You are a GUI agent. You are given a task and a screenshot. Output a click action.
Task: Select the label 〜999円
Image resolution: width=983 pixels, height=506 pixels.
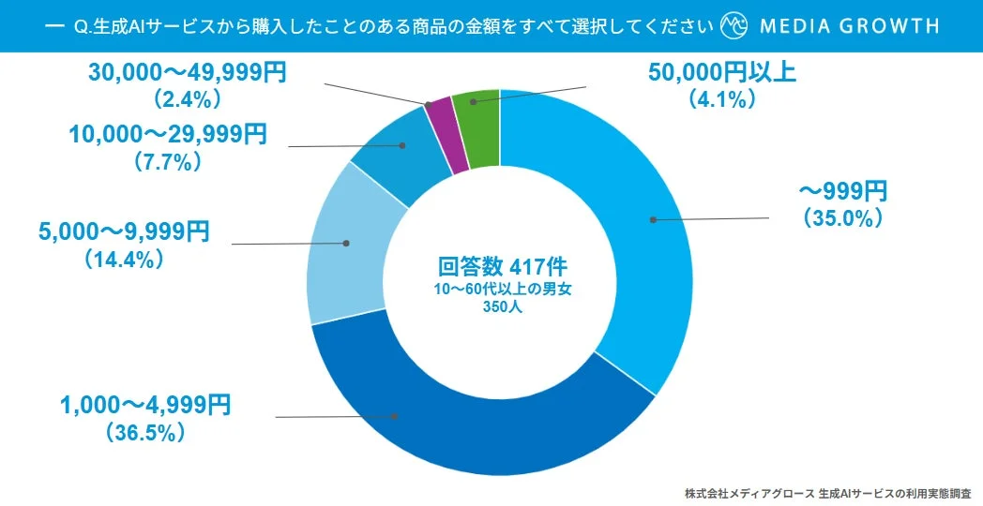point(841,192)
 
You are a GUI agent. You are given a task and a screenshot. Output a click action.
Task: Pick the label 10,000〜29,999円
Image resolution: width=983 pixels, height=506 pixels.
point(167,135)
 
